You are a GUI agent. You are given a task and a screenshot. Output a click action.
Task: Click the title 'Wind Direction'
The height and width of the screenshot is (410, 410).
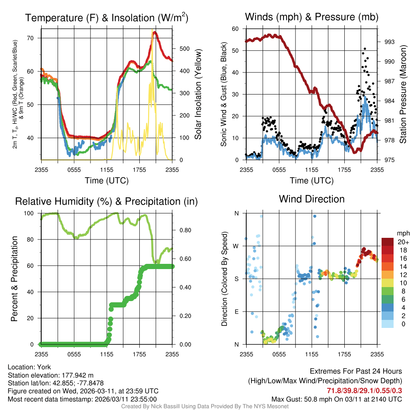pos(312,199)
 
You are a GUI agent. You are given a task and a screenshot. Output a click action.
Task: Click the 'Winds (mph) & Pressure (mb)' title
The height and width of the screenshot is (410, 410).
pos(312,17)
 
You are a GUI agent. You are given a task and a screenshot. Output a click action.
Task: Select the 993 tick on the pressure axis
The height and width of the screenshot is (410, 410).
pos(389,42)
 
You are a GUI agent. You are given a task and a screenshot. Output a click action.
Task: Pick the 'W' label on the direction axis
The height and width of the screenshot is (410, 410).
pos(236,246)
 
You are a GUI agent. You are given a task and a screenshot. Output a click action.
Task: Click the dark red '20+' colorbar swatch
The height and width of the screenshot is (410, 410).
pos(388,242)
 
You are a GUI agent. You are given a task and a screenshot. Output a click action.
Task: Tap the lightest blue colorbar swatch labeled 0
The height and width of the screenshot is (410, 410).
pos(388,324)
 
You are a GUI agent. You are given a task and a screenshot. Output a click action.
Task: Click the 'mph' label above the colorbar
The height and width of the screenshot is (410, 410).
pos(402,233)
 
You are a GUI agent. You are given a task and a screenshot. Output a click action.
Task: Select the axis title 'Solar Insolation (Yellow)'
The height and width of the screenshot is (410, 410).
pos(198,94)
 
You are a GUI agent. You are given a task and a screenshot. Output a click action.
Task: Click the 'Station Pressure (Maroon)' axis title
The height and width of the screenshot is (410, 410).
pos(403,94)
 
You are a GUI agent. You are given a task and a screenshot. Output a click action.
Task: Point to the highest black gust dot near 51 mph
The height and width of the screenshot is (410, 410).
pos(364,49)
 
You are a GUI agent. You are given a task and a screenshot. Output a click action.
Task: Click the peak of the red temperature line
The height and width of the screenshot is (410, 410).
pos(155,32)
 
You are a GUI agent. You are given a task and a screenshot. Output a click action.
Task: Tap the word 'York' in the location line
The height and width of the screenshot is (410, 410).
pos(44,367)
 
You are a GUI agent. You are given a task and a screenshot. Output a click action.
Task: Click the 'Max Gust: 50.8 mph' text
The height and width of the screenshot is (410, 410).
pos(297,399)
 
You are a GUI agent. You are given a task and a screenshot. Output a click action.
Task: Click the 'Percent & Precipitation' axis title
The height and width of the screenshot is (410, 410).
pos(14,279)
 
